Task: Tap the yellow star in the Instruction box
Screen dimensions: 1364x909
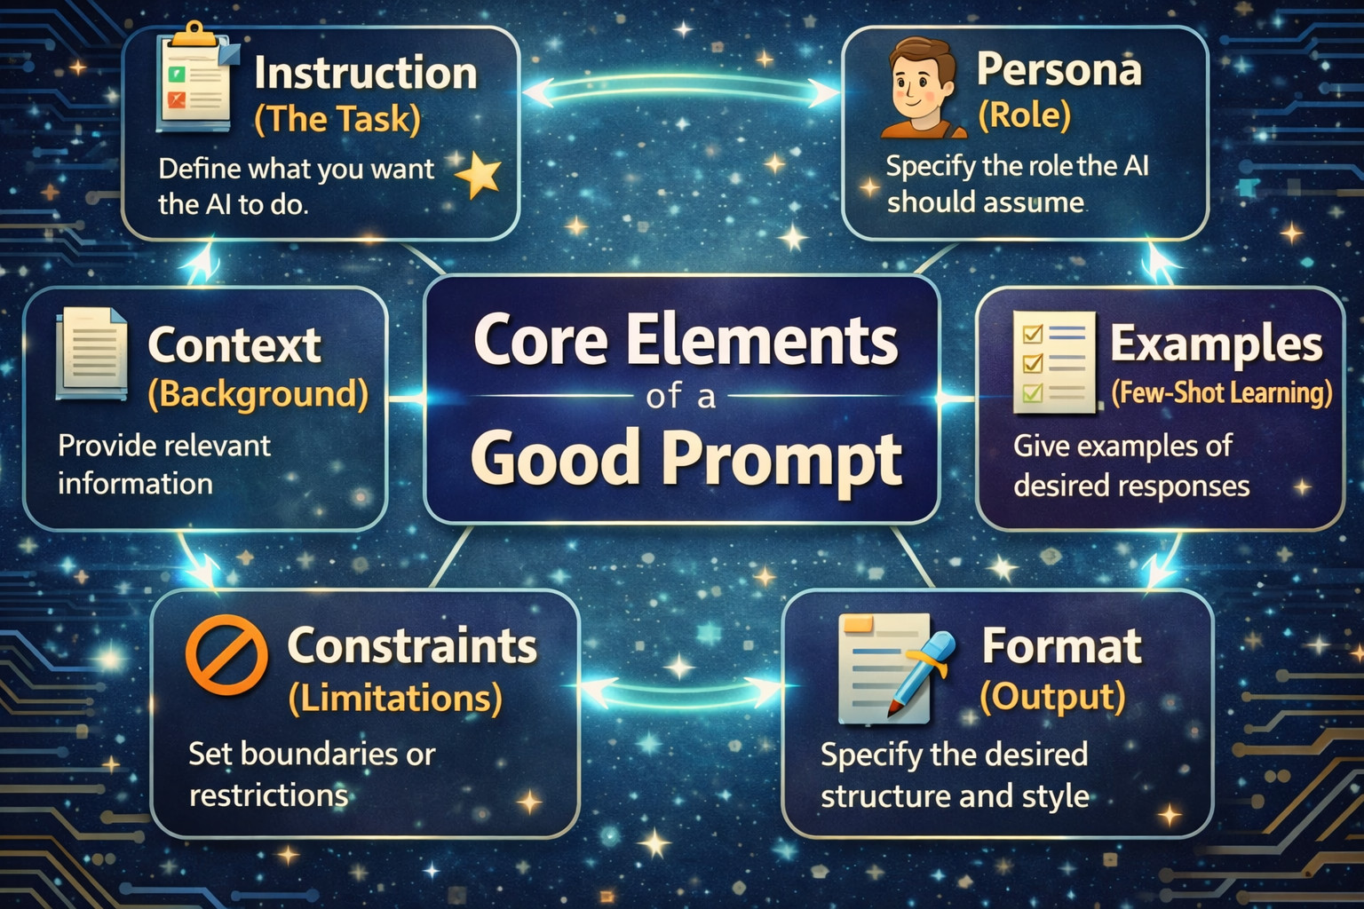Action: (480, 175)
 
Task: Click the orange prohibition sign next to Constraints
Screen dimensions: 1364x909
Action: (226, 654)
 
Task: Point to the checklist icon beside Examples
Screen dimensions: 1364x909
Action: (1053, 361)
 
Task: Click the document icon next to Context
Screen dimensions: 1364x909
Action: (91, 353)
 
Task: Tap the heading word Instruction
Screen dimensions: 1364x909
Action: (365, 74)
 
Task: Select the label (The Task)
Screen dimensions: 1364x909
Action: (337, 119)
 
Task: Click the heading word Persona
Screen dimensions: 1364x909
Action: (1059, 70)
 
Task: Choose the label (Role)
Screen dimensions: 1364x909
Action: (1024, 115)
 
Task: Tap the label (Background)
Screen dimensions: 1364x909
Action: (258, 394)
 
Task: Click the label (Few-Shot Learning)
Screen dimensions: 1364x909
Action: (1222, 392)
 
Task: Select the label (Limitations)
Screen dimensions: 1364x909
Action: (395, 698)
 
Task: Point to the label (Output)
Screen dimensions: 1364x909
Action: (1053, 697)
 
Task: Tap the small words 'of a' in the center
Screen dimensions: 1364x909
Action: (681, 397)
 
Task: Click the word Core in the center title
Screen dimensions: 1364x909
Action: (541, 341)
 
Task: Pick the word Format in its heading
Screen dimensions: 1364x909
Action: (1062, 646)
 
